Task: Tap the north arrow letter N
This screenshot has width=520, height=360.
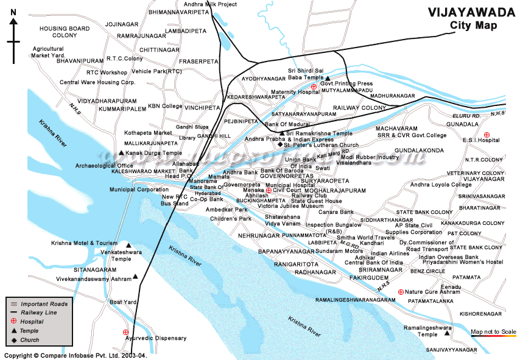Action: click(x=13, y=23)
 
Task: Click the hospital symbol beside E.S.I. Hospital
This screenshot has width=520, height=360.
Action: click(x=486, y=134)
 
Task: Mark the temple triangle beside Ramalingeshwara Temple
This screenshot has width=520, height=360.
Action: click(x=448, y=333)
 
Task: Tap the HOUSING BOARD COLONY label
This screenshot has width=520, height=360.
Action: click(x=65, y=32)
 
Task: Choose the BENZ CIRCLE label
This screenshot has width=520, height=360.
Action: click(x=427, y=270)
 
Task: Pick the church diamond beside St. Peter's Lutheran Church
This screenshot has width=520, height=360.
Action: click(x=279, y=145)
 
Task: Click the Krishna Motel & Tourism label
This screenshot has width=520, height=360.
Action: click(x=84, y=242)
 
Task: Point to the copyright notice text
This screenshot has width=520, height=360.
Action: click(x=76, y=355)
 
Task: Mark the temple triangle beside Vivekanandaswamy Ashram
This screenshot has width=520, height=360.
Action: click(x=135, y=277)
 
